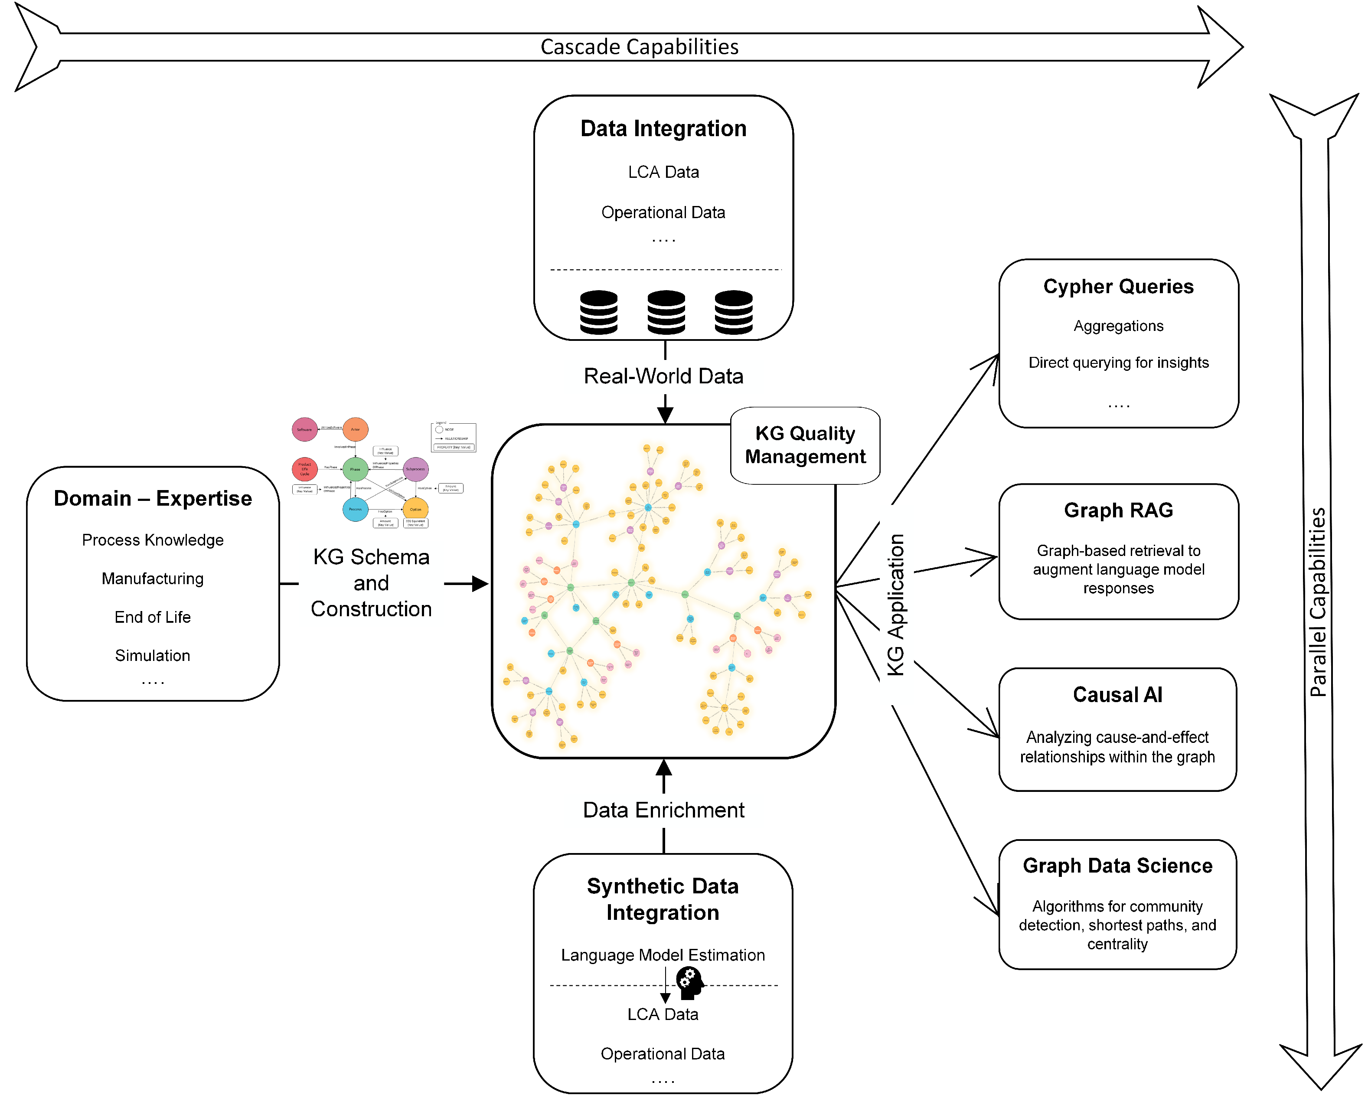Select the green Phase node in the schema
tap(355, 469)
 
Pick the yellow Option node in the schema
tap(415, 509)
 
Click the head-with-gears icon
tap(689, 982)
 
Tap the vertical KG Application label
tap(895, 604)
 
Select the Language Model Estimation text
tap(663, 955)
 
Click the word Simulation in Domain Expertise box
tap(153, 656)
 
